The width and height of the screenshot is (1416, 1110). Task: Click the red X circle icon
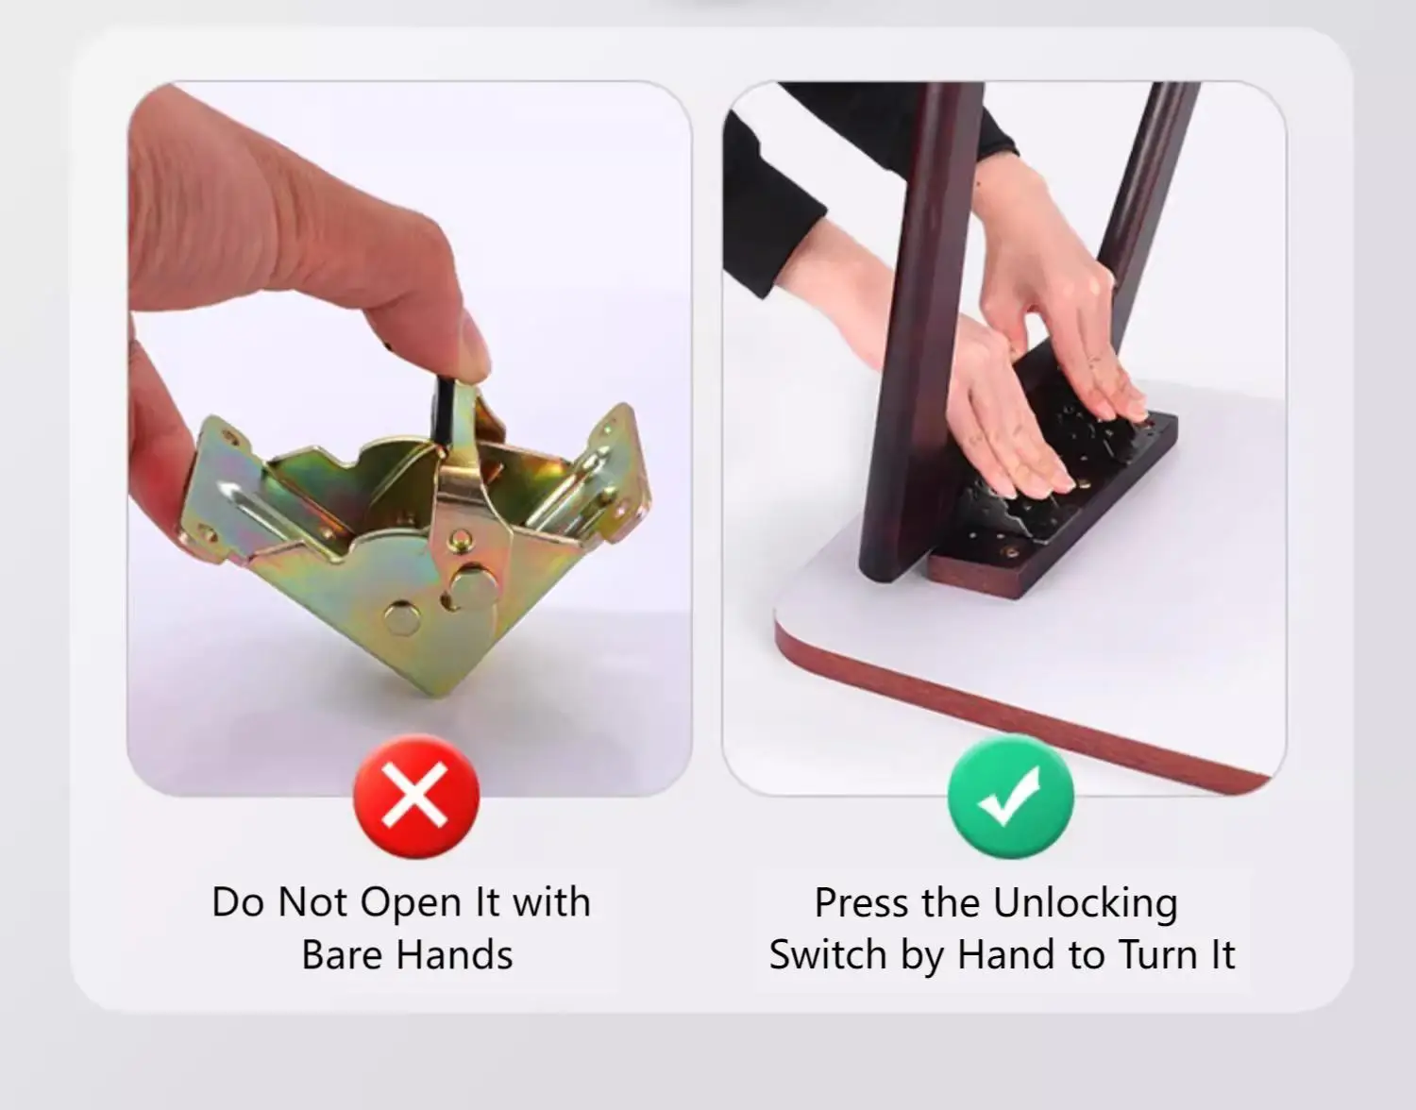pyautogui.click(x=416, y=797)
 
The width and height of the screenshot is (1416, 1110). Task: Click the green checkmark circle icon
pyautogui.click(x=1010, y=797)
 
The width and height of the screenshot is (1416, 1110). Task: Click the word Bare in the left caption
pyautogui.click(x=343, y=955)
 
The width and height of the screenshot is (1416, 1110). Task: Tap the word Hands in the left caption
pyautogui.click(x=455, y=955)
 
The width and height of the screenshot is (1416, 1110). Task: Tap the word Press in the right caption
pyautogui.click(x=861, y=903)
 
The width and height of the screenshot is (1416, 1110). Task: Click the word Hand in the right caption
pyautogui.click(x=1007, y=955)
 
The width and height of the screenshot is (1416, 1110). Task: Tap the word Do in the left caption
pyautogui.click(x=239, y=903)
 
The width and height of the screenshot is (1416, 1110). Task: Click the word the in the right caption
pyautogui.click(x=950, y=903)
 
